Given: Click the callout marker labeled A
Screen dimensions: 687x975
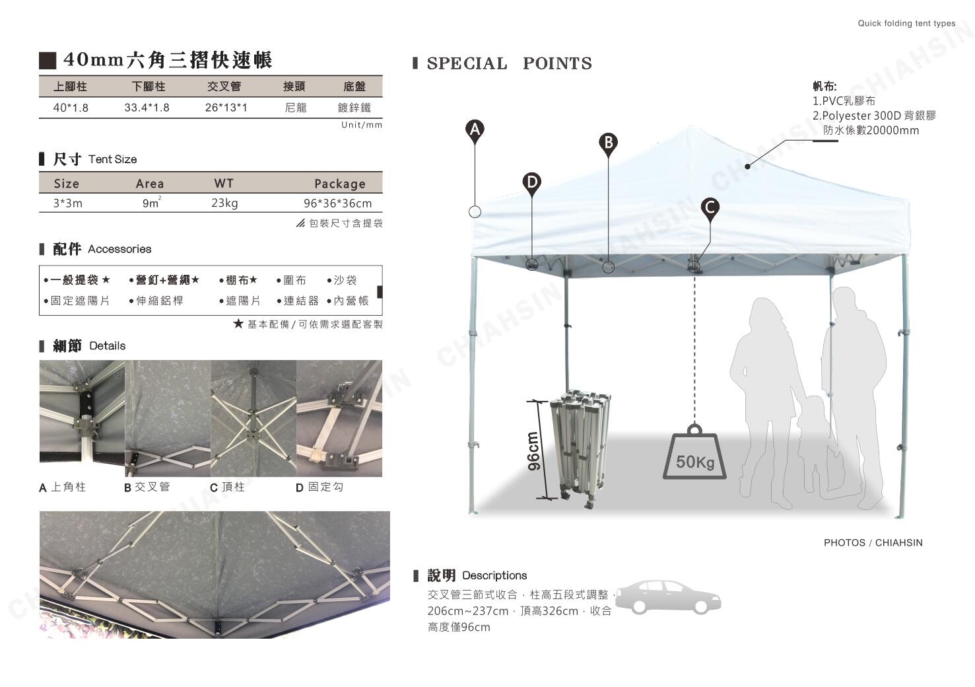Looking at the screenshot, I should tap(475, 129).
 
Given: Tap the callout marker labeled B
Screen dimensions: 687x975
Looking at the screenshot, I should tap(608, 143).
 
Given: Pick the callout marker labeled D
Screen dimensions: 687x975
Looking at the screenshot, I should tap(531, 182).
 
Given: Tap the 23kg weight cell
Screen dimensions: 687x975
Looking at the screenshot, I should tap(224, 203).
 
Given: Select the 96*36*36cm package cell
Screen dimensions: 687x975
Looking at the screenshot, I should tap(337, 203).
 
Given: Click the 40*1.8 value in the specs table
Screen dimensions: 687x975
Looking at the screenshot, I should tap(71, 108).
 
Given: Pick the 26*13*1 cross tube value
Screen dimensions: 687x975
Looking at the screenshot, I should tap(226, 108).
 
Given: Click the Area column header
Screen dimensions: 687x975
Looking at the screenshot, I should tap(150, 184).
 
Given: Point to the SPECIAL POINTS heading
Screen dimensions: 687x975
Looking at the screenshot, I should tap(509, 63).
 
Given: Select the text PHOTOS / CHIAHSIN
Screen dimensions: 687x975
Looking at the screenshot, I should tap(873, 543).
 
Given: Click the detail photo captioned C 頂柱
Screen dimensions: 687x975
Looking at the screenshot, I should tap(253, 418).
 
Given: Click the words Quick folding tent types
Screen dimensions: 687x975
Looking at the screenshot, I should tap(906, 23).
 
